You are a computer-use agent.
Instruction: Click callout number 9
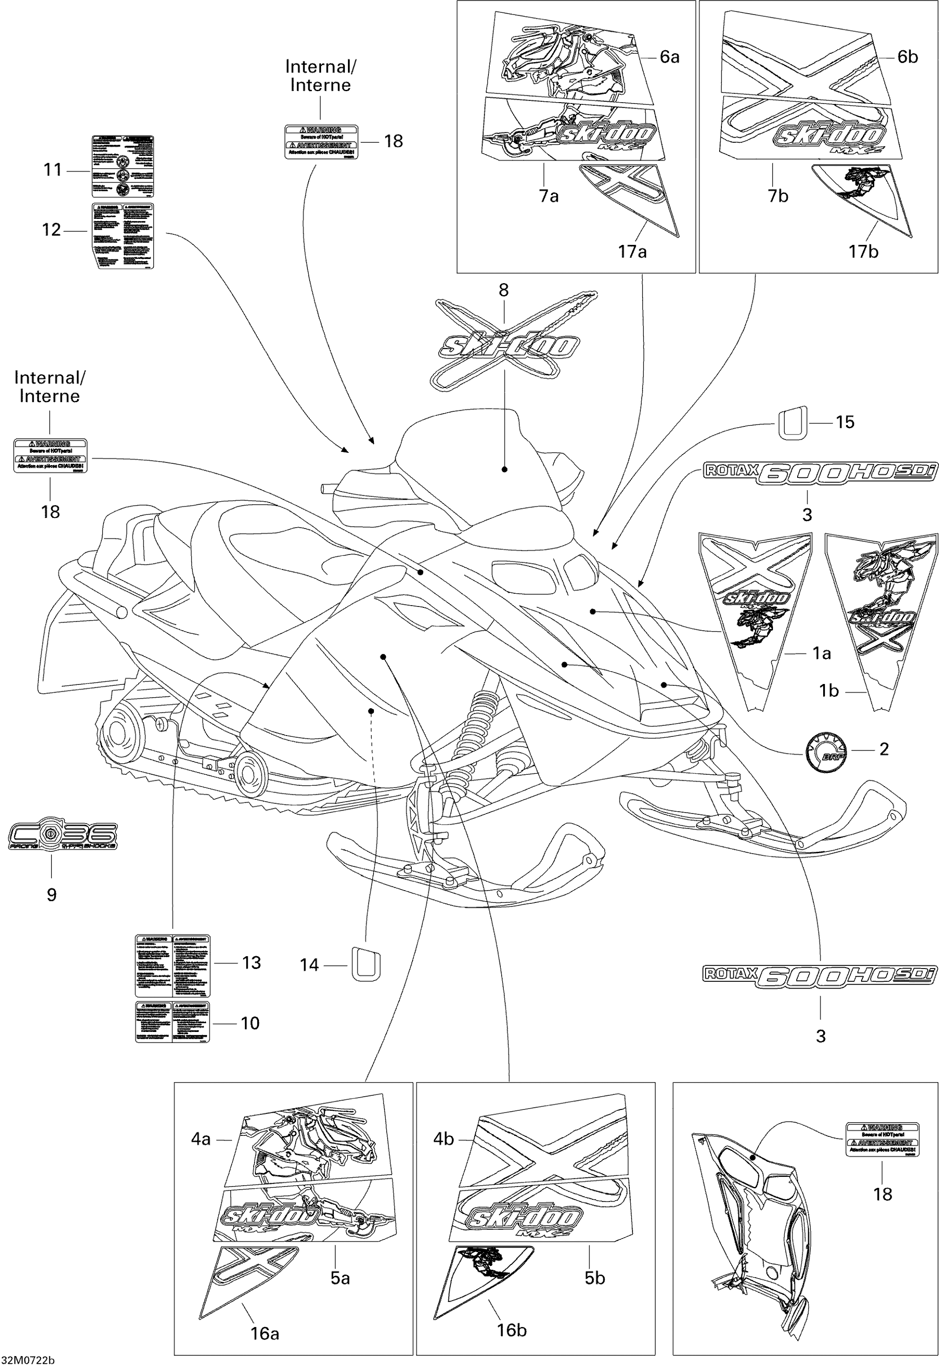(x=52, y=895)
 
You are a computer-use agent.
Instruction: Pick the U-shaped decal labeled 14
(x=366, y=964)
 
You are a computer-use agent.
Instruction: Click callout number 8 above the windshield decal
(x=503, y=290)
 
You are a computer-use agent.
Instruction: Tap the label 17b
(x=863, y=251)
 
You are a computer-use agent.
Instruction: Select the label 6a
(x=669, y=57)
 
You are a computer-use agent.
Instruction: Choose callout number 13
(x=251, y=963)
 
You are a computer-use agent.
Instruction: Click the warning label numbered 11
(x=123, y=166)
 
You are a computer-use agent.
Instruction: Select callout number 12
(x=52, y=229)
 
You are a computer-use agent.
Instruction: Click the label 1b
(x=829, y=690)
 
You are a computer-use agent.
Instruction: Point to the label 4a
(x=201, y=1140)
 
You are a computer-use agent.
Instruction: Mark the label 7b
(x=778, y=196)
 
